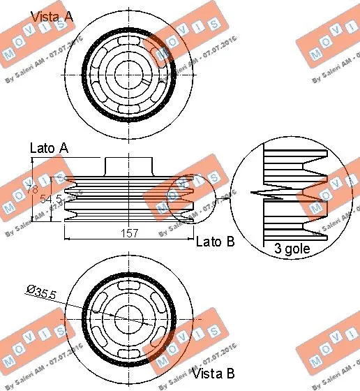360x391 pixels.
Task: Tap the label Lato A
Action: click(x=50, y=148)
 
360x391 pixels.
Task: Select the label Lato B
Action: click(x=216, y=242)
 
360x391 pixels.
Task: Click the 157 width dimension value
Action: click(x=129, y=233)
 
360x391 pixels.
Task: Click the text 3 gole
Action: click(x=288, y=247)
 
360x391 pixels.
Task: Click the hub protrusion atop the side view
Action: click(x=129, y=166)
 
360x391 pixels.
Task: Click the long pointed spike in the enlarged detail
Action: click(x=269, y=191)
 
